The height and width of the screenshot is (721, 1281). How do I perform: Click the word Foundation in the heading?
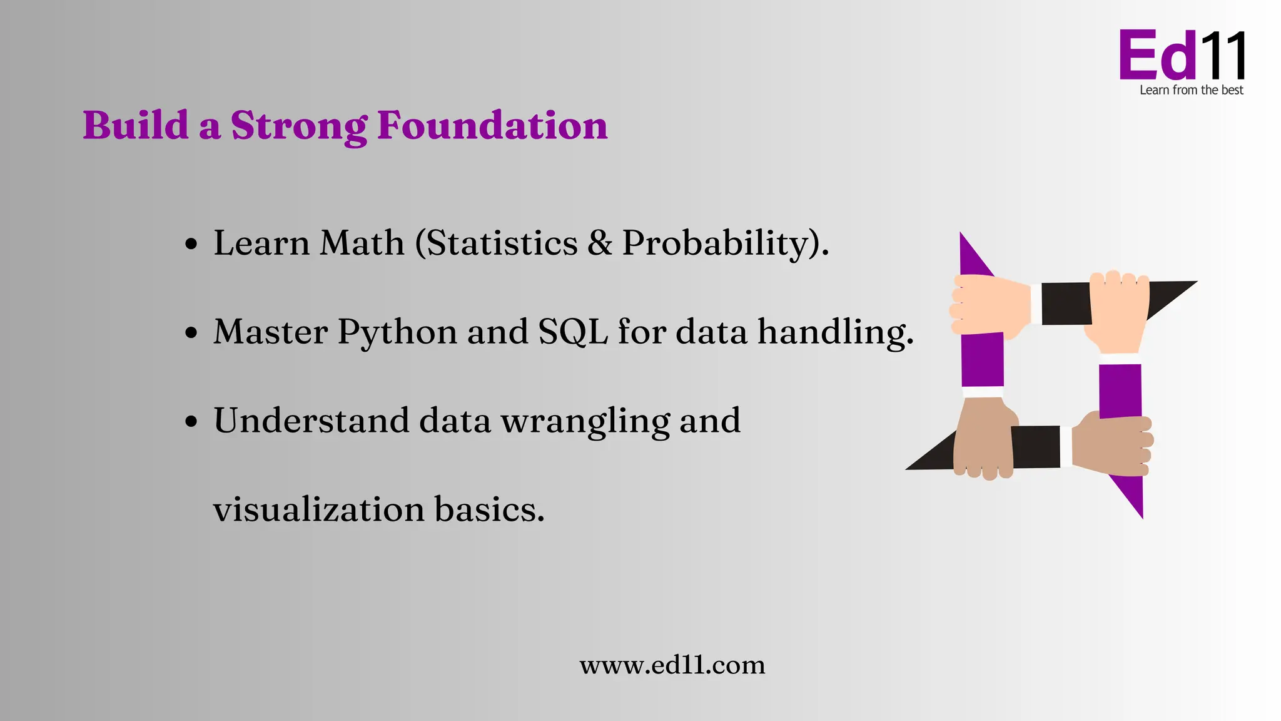click(492, 125)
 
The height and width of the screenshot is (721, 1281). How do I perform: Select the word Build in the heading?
click(136, 125)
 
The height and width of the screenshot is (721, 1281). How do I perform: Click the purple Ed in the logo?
click(1157, 56)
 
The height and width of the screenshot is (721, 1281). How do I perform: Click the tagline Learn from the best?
click(1191, 90)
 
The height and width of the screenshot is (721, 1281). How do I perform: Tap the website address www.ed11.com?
click(672, 665)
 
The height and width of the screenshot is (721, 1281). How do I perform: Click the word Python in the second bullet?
click(397, 332)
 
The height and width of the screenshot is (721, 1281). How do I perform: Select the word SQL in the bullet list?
click(573, 332)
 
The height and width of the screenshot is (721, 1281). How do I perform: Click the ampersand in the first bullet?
click(600, 243)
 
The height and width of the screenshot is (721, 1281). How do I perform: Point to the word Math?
click(362, 243)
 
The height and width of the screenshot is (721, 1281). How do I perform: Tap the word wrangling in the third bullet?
click(585, 421)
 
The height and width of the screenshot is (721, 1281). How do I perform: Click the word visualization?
click(319, 509)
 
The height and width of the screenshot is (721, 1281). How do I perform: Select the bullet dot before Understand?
click(191, 422)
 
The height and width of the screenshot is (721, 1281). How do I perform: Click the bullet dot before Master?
click(191, 333)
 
